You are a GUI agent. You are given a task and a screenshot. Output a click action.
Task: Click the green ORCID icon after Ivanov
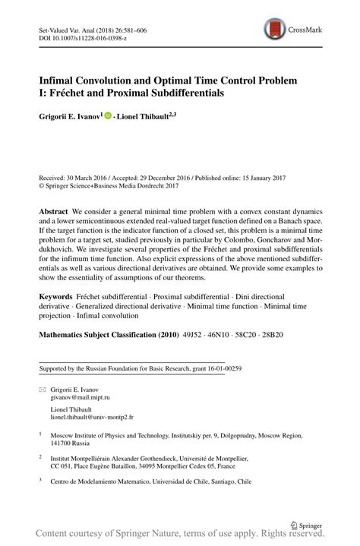pyautogui.click(x=108, y=116)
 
